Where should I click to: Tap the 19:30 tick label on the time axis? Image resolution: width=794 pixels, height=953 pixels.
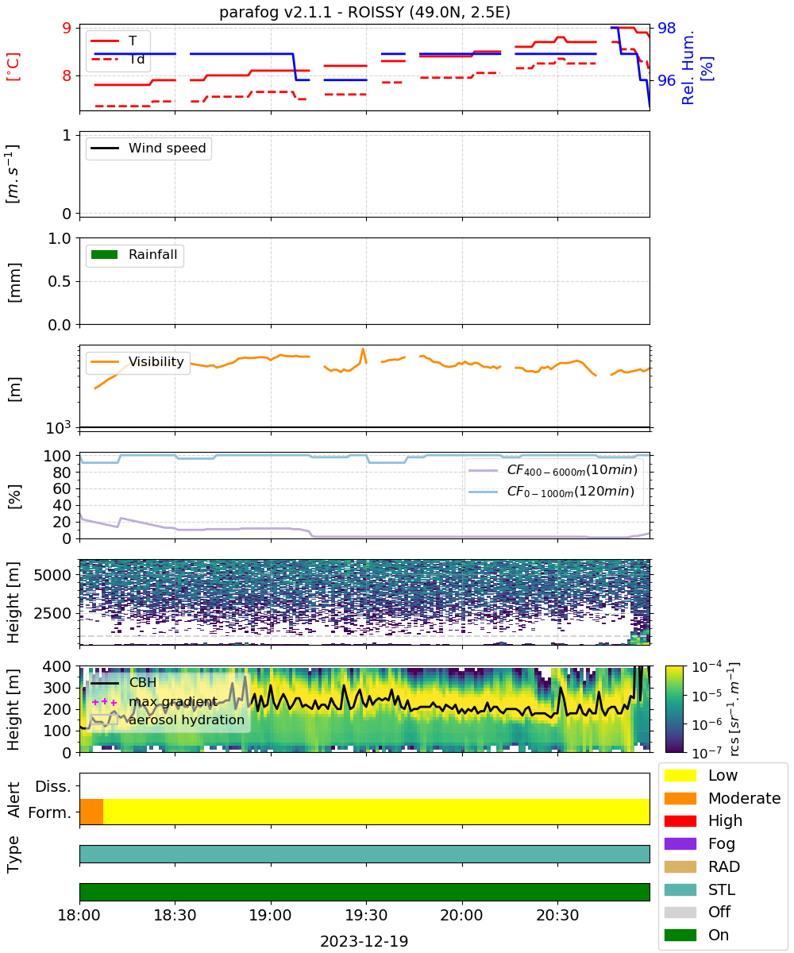pos(366,915)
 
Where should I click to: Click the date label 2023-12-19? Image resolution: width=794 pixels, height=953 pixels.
pos(364,940)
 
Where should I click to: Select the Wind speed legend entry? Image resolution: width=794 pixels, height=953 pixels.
pos(148,148)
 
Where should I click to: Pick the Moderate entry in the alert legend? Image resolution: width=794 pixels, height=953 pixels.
pos(722,798)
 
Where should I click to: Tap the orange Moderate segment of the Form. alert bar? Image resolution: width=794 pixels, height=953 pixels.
pos(91,812)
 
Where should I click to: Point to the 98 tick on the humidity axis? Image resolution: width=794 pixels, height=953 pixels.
pos(666,28)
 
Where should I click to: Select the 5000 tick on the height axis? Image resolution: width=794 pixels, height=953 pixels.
pos(52,575)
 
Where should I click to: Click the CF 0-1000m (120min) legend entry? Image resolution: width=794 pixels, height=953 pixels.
pos(551,492)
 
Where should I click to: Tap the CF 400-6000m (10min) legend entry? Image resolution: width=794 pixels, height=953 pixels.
pos(553,470)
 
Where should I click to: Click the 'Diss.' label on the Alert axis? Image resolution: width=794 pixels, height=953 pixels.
pos(53,786)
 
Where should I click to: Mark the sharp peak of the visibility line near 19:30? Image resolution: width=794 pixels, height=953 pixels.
pos(363,349)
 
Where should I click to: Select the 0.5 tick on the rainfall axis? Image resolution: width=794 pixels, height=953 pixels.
pos(60,281)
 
